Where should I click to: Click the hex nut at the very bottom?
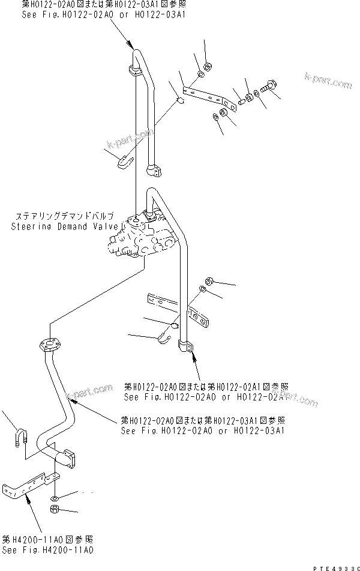point(54,510)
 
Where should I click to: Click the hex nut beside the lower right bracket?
point(209,280)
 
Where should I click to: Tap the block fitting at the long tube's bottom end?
point(187,346)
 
